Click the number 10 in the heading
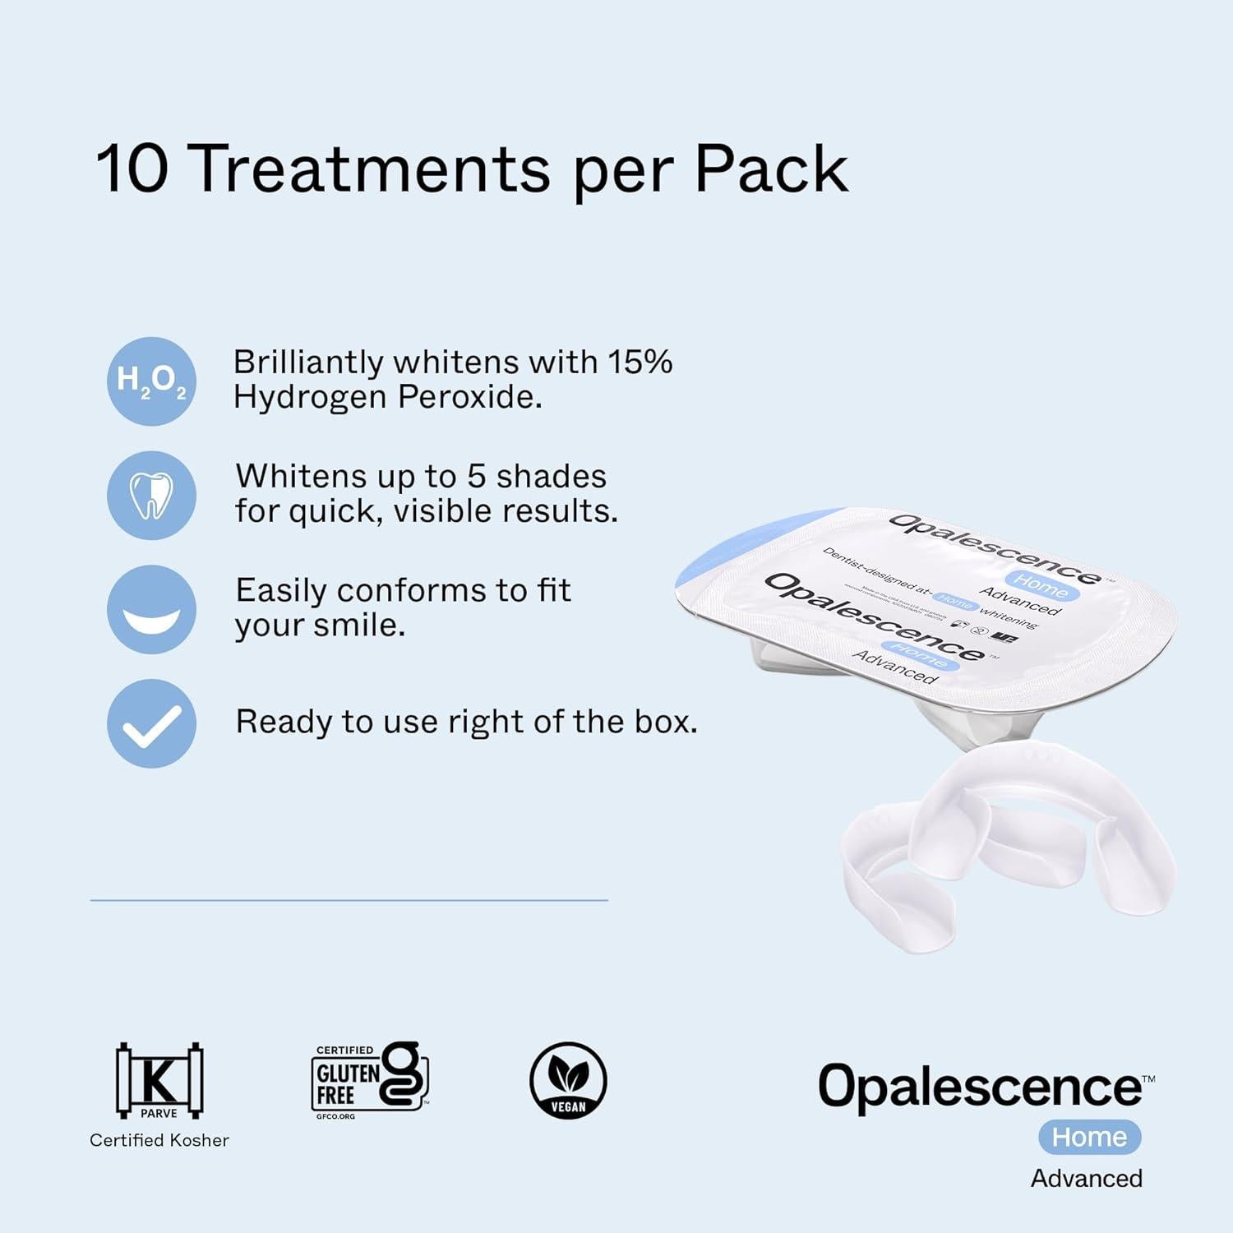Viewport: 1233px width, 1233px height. pyautogui.click(x=132, y=169)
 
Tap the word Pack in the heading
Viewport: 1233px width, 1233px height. pyautogui.click(x=771, y=169)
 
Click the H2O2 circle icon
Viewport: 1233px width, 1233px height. pyautogui.click(x=151, y=381)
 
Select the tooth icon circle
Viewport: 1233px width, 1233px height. pyautogui.click(x=151, y=495)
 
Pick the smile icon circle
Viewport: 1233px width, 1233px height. pyautogui.click(x=151, y=609)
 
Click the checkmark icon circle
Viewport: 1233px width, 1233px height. pyautogui.click(x=151, y=723)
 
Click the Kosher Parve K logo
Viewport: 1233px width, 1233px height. pyautogui.click(x=159, y=1080)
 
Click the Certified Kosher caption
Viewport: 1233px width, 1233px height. pyautogui.click(x=159, y=1140)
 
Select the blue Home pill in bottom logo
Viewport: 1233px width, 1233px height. pyautogui.click(x=1089, y=1137)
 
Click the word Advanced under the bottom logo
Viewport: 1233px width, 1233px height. pyautogui.click(x=1087, y=1178)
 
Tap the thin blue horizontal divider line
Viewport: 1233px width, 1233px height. pyautogui.click(x=349, y=900)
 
